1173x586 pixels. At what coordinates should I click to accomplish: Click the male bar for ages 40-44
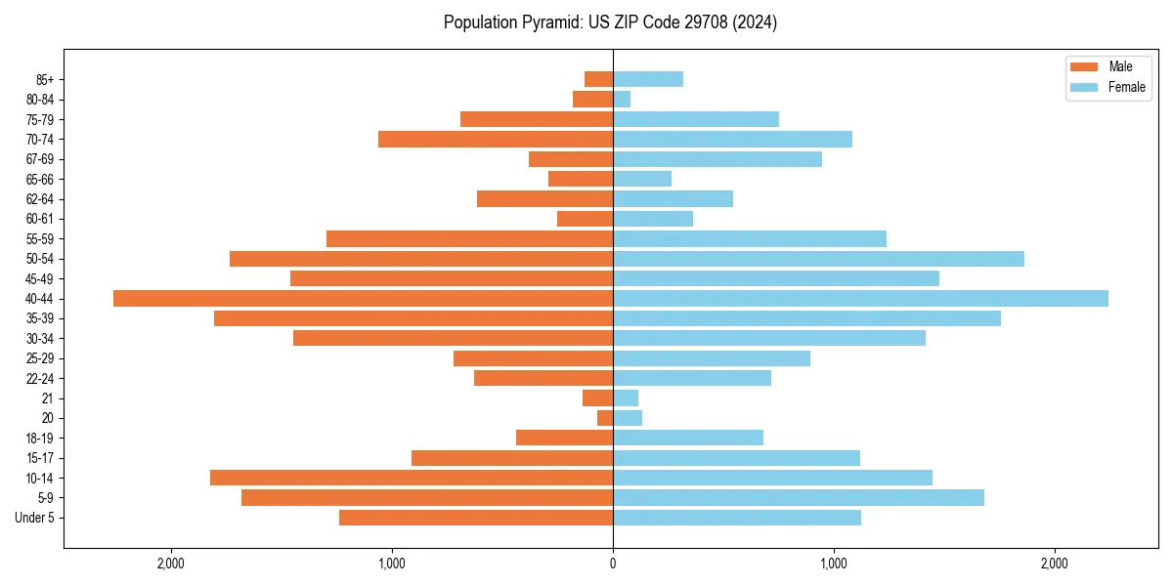(x=363, y=299)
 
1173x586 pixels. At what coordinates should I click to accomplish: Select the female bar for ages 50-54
(x=818, y=259)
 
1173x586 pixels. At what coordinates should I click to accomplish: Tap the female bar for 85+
(x=648, y=79)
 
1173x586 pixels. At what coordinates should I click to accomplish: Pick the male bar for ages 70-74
(x=496, y=140)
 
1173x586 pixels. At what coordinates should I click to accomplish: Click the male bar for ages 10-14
(x=412, y=478)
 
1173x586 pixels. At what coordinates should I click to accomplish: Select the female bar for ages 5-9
(x=799, y=498)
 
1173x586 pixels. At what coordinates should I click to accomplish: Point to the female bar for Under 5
(x=737, y=518)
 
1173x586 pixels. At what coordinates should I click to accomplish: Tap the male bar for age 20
(x=605, y=418)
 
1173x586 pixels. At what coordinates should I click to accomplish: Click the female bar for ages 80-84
(x=622, y=100)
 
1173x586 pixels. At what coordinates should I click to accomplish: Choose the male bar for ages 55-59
(x=469, y=239)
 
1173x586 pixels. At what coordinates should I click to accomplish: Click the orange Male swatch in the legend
(x=1085, y=66)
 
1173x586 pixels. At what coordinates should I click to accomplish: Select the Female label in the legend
(x=1127, y=87)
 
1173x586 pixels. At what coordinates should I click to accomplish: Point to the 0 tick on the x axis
(x=613, y=564)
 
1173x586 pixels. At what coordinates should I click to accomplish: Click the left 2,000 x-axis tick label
(x=171, y=564)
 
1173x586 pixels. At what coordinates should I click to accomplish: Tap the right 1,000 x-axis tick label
(x=834, y=564)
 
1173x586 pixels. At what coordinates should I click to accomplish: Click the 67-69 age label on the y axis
(x=40, y=159)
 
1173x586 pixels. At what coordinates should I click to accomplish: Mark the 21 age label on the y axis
(x=48, y=398)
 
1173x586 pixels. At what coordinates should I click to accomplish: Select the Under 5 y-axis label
(x=35, y=518)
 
